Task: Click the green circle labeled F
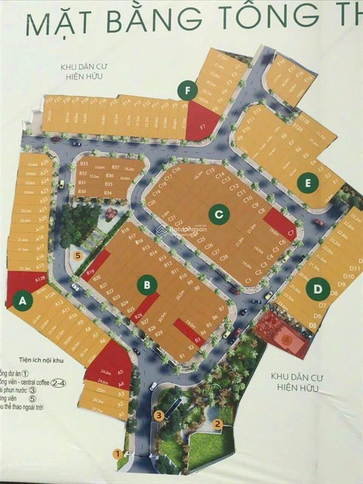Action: [188, 91]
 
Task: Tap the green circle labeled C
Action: [218, 215]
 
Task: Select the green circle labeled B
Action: [147, 285]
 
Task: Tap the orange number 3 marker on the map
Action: [159, 416]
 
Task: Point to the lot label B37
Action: [115, 167]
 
